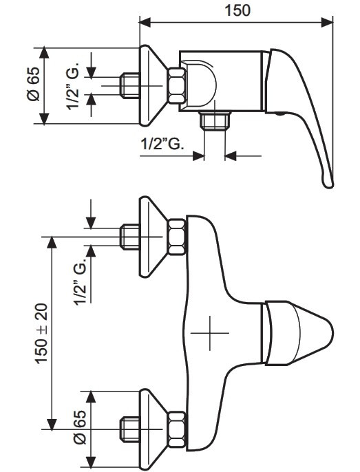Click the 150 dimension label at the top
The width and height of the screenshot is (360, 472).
(237, 10)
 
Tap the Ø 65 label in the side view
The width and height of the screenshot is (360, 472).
(33, 84)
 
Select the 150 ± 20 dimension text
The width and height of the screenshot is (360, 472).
(41, 334)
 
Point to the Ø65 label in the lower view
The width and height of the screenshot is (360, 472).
(80, 427)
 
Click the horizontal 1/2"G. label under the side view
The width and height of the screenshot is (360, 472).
(162, 144)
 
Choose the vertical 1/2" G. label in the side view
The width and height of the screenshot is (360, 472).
(72, 87)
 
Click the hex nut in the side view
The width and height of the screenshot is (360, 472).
(177, 86)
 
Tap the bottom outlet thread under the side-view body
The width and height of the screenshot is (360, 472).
(215, 120)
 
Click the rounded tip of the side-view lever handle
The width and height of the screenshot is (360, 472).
(329, 183)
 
